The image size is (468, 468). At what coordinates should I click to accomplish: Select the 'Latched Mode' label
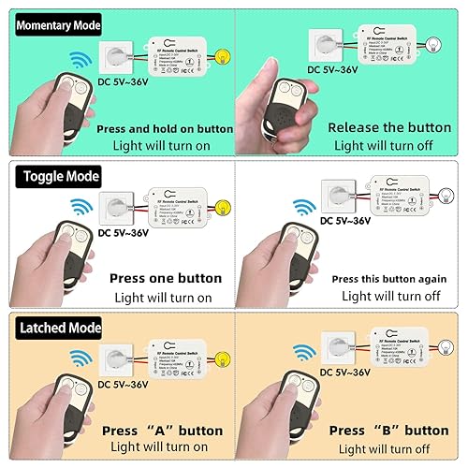click(54, 329)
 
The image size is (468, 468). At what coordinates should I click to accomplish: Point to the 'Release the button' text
click(391, 127)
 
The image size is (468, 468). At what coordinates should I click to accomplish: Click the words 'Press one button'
click(166, 278)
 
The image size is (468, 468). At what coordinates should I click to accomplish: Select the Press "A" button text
click(166, 431)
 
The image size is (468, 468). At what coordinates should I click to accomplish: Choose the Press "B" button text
click(388, 431)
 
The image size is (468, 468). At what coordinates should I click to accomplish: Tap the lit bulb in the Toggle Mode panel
click(223, 210)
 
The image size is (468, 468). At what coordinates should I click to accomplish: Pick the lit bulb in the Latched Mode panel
click(223, 361)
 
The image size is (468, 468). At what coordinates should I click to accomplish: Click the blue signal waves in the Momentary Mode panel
click(83, 60)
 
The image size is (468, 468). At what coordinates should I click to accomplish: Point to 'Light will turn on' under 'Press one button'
click(164, 298)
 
